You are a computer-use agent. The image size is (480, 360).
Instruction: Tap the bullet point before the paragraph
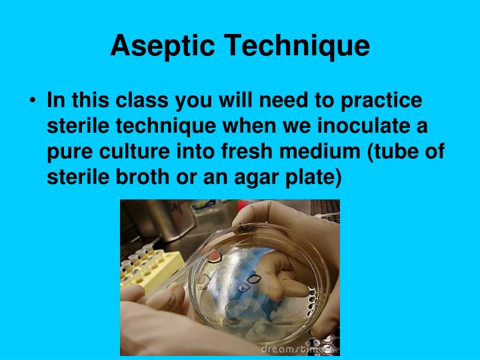click(x=33, y=101)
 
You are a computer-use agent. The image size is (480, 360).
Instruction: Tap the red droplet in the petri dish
click(x=214, y=255)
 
